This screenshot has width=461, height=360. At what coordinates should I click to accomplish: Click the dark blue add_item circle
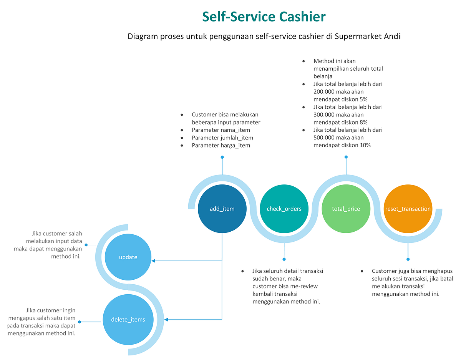(x=222, y=209)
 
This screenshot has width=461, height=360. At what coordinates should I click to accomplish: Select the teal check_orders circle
(x=284, y=209)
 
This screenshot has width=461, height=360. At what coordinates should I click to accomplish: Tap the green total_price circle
(x=346, y=209)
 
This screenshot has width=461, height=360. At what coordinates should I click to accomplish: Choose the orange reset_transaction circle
(x=408, y=209)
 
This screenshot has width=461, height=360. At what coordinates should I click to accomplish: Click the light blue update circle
(x=128, y=257)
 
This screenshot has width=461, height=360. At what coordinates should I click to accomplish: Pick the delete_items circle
(x=128, y=319)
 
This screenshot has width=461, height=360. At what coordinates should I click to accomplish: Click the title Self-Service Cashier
(x=264, y=17)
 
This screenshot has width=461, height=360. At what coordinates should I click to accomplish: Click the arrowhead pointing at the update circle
(x=153, y=261)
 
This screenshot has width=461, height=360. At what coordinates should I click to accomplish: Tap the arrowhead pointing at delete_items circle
(x=166, y=319)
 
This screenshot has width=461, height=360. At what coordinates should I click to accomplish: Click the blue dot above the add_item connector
(x=222, y=157)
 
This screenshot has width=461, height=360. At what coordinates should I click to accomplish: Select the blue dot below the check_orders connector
(x=284, y=259)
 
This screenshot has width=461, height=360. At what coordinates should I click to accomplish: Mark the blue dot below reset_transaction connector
(x=408, y=259)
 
